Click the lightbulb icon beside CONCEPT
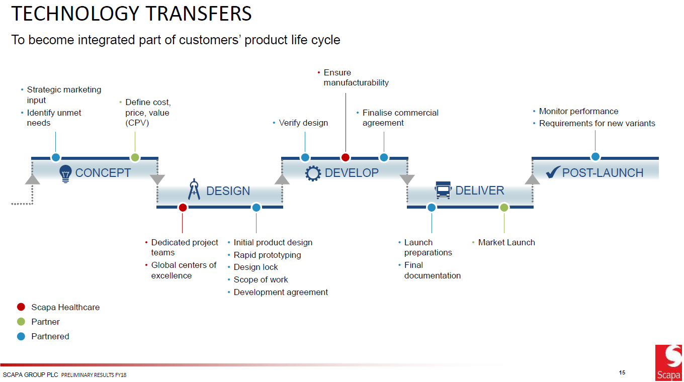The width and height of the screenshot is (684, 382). (65, 173)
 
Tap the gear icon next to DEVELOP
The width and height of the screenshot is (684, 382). (313, 173)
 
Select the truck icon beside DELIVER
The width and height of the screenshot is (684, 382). (443, 190)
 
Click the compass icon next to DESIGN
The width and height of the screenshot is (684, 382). (194, 189)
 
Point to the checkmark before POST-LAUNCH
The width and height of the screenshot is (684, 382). (553, 172)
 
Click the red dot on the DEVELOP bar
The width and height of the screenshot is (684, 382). (346, 157)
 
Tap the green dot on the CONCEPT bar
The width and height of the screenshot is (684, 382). (135, 157)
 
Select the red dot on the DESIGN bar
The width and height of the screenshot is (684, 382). (183, 208)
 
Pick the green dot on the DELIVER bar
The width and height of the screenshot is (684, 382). (504, 208)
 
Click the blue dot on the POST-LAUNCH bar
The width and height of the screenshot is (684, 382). (595, 156)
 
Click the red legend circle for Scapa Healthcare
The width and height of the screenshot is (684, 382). (21, 307)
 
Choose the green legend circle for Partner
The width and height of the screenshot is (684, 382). (21, 322)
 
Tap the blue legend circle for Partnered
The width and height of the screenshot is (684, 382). (21, 336)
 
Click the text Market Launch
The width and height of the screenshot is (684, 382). (506, 243)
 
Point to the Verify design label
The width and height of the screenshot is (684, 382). (303, 123)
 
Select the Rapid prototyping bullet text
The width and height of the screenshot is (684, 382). (267, 255)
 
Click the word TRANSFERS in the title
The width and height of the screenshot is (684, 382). (199, 14)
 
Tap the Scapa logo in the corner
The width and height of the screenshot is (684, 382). (669, 363)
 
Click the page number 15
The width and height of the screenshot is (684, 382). (622, 372)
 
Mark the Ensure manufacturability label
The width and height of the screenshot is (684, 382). (356, 77)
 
